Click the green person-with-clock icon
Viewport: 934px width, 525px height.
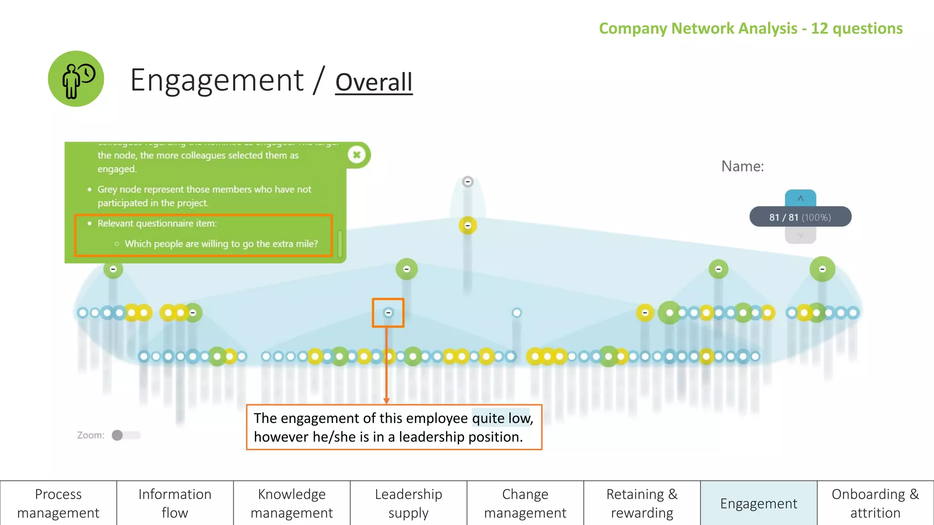tap(76, 79)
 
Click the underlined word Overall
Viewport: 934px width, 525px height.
tap(374, 82)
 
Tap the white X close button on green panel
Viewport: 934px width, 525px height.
tap(357, 155)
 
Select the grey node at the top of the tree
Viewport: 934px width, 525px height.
tap(467, 182)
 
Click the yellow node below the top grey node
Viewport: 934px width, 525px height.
tap(467, 226)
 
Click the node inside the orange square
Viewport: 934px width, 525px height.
tap(388, 313)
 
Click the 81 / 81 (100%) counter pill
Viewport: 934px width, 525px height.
tap(800, 217)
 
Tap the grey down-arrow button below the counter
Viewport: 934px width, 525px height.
tap(800, 236)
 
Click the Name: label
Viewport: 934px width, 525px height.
tap(742, 166)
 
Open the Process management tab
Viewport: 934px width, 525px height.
tap(58, 503)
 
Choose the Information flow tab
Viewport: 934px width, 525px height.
tap(175, 503)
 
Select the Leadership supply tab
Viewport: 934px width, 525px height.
tap(408, 503)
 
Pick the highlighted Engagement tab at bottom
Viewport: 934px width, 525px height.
tap(758, 503)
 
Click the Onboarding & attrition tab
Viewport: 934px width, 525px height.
tap(875, 503)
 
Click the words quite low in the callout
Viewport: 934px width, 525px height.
tap(501, 418)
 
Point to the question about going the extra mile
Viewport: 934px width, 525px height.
tap(221, 244)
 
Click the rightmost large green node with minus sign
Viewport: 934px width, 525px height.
tap(822, 269)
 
